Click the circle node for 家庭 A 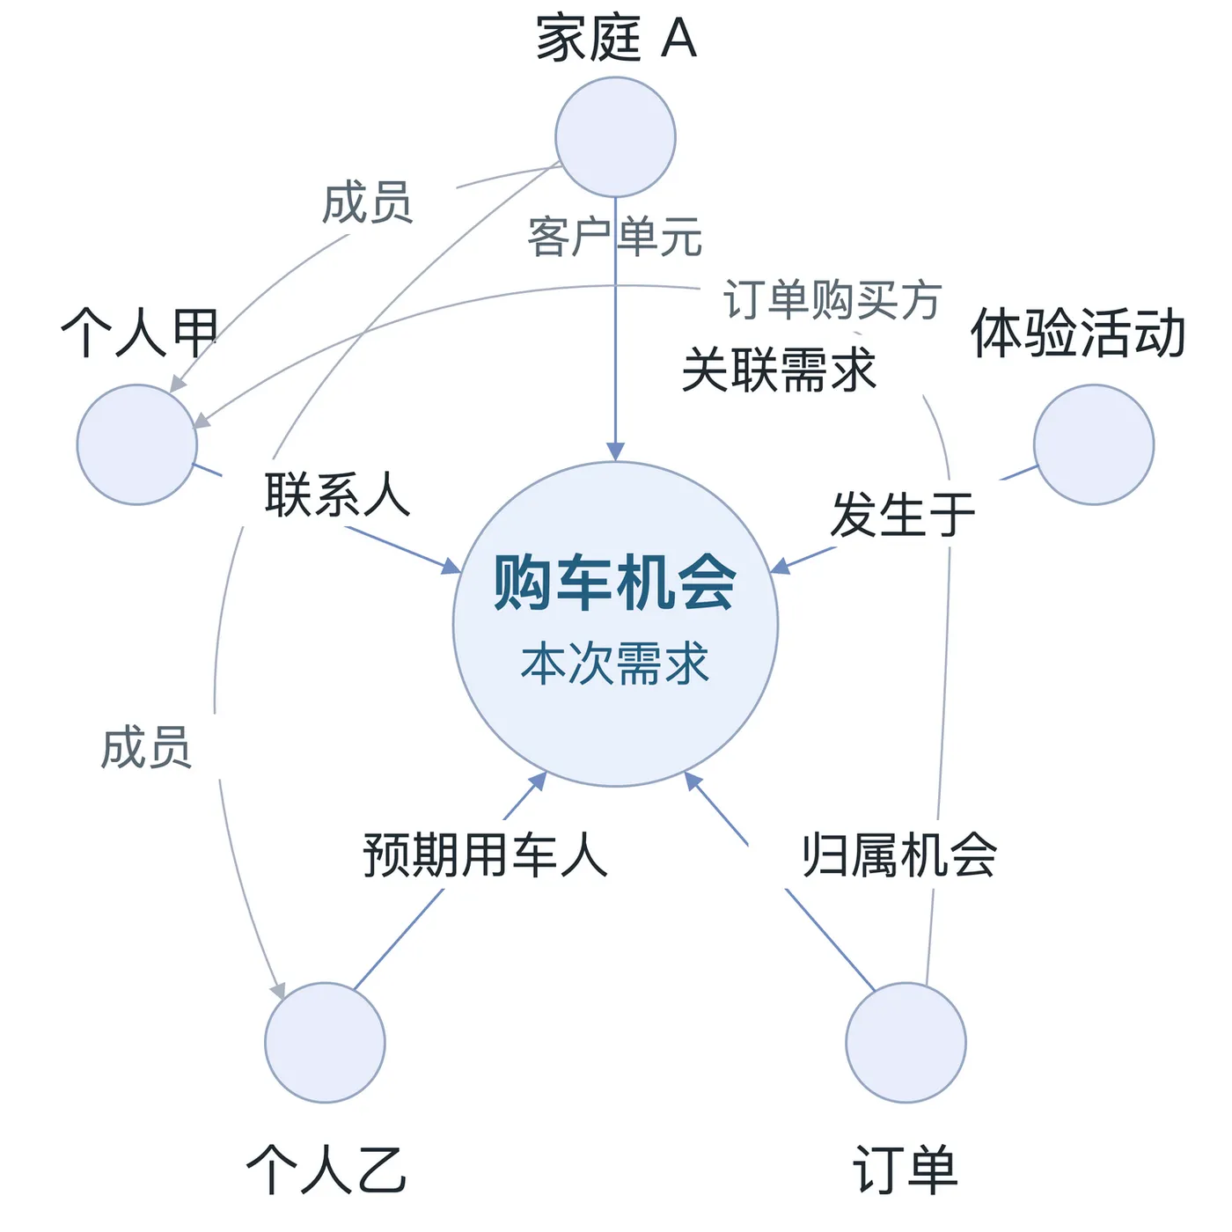(615, 136)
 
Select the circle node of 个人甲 (136, 444)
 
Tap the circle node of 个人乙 (325, 1043)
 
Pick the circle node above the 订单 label (906, 1043)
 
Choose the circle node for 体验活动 (1094, 444)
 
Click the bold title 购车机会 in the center (615, 582)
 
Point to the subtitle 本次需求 (615, 664)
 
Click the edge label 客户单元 (615, 238)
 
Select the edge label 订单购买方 (832, 300)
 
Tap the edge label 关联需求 (779, 370)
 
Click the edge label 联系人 (338, 495)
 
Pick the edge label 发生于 (902, 515)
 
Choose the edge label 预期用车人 (485, 854)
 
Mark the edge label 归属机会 (899, 854)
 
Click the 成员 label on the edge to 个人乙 (146, 747)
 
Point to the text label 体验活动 (1078, 333)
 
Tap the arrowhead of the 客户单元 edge (615, 451)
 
